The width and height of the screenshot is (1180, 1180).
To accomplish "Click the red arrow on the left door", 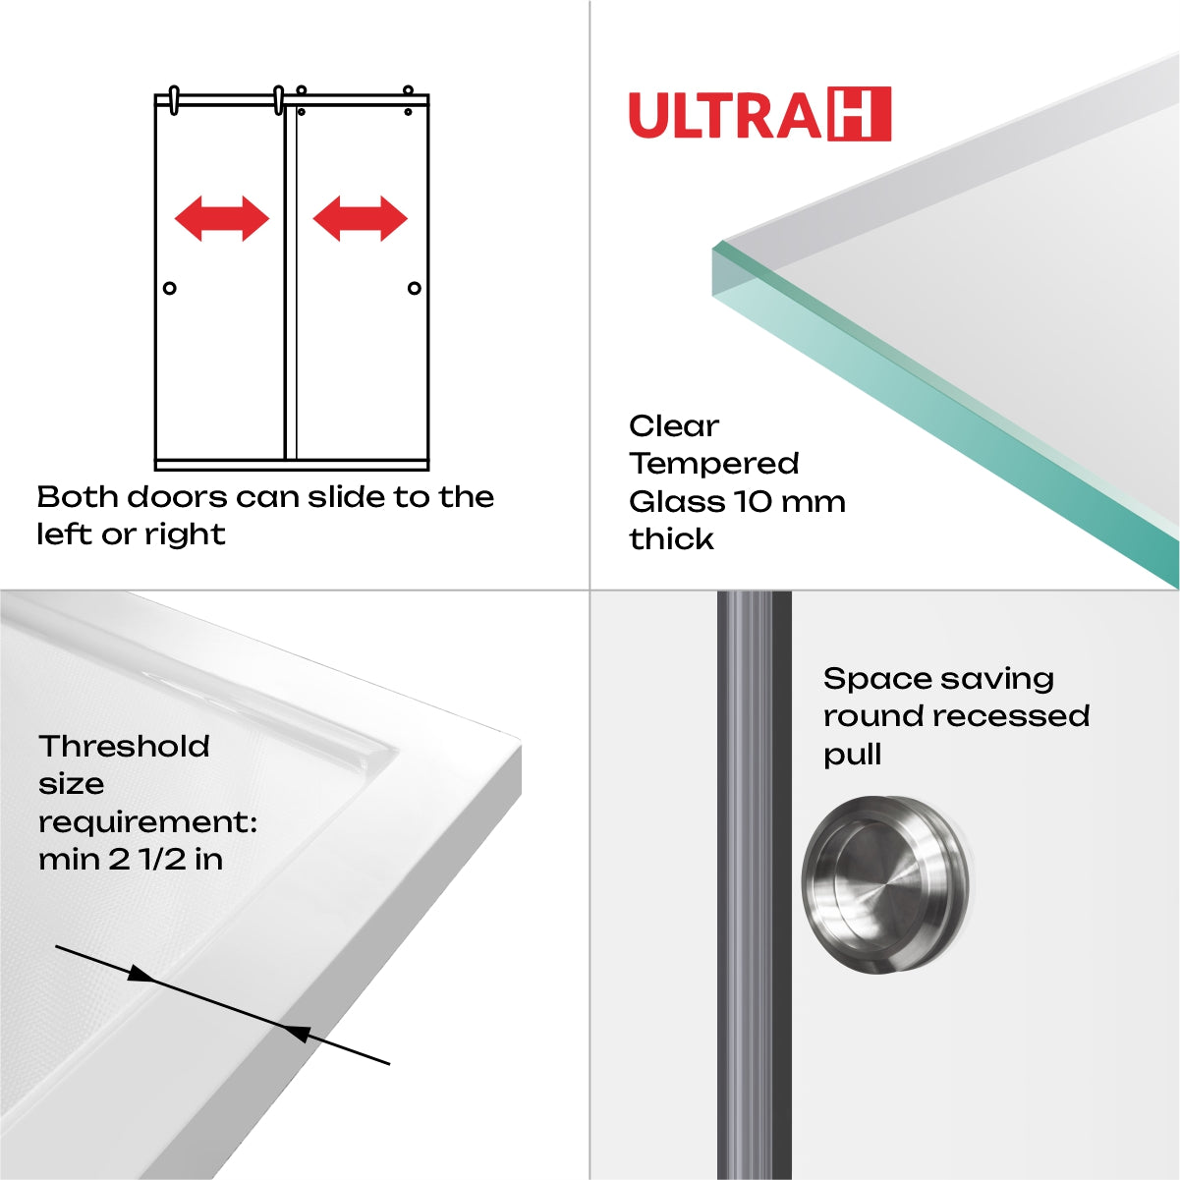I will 221,218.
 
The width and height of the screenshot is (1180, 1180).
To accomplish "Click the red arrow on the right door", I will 360,218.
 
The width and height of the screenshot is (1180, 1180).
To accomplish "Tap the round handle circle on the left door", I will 170,288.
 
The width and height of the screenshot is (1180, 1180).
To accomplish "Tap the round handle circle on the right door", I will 414,288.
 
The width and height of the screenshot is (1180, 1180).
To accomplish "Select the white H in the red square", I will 860,114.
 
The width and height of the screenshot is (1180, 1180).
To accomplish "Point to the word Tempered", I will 714,463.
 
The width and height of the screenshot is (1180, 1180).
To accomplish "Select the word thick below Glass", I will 671,538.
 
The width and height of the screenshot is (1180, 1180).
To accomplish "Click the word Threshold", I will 124,747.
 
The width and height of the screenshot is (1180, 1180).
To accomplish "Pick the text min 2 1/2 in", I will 131,860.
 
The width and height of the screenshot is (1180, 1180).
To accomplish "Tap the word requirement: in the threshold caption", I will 147,822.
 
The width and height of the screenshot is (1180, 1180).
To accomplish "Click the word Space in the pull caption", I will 865,679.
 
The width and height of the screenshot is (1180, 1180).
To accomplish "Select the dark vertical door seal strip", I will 754,884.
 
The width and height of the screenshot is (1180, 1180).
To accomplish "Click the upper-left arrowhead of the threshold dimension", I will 141,975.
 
